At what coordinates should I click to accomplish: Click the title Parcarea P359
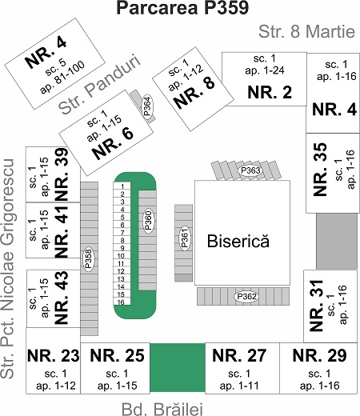click(182, 8)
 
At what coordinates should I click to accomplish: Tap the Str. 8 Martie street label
click(306, 31)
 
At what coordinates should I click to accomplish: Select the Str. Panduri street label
click(99, 84)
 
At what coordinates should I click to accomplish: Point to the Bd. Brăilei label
click(162, 409)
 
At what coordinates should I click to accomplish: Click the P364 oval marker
click(147, 106)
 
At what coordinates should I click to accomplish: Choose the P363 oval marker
click(250, 170)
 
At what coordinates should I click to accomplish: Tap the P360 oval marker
click(149, 220)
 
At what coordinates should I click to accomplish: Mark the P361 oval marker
click(185, 238)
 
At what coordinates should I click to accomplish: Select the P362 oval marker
click(246, 297)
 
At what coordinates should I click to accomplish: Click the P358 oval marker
click(88, 259)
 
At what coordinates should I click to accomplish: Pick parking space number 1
click(122, 186)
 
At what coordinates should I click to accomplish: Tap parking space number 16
click(122, 302)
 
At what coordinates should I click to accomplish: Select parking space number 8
click(122, 240)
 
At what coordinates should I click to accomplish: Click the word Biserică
click(238, 241)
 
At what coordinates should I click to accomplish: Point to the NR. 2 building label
click(270, 92)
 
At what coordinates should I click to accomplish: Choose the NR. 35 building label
click(320, 170)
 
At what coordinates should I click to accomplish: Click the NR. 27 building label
click(239, 355)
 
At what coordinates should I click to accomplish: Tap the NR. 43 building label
click(62, 298)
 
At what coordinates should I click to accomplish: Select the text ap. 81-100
click(62, 78)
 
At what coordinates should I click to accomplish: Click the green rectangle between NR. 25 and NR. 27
click(178, 367)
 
